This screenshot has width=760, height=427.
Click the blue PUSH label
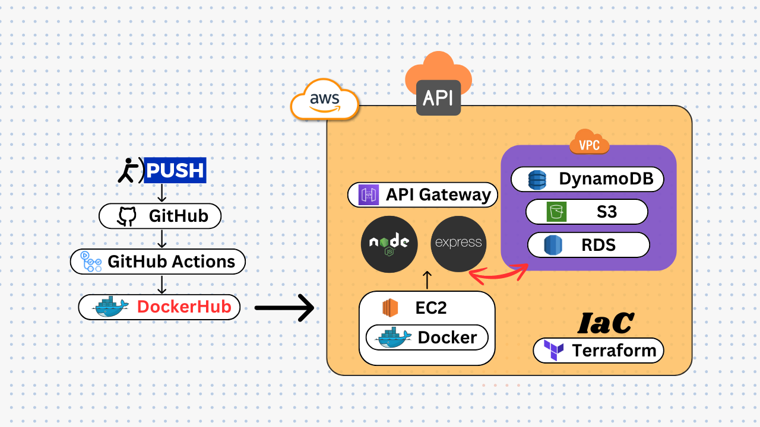point(175,170)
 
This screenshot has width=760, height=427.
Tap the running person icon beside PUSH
point(129,171)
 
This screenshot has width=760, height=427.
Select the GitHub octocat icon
point(126,216)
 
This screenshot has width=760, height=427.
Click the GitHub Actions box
point(157,262)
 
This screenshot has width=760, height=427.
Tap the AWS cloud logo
point(324,98)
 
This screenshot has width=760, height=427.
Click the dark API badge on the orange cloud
point(438,97)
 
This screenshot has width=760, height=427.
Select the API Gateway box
point(422,195)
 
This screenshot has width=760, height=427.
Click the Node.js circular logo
point(389,244)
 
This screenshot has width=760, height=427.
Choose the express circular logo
point(458,244)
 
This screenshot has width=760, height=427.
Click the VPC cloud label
point(589,144)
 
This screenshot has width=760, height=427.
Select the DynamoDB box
point(587,179)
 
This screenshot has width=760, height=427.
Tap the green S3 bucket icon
point(556,212)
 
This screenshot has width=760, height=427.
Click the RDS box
point(588,244)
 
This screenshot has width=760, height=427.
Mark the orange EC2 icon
point(390,308)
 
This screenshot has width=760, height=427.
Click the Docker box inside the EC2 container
point(426,337)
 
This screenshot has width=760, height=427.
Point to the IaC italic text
point(606,323)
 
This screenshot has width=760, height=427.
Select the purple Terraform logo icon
point(553,350)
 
